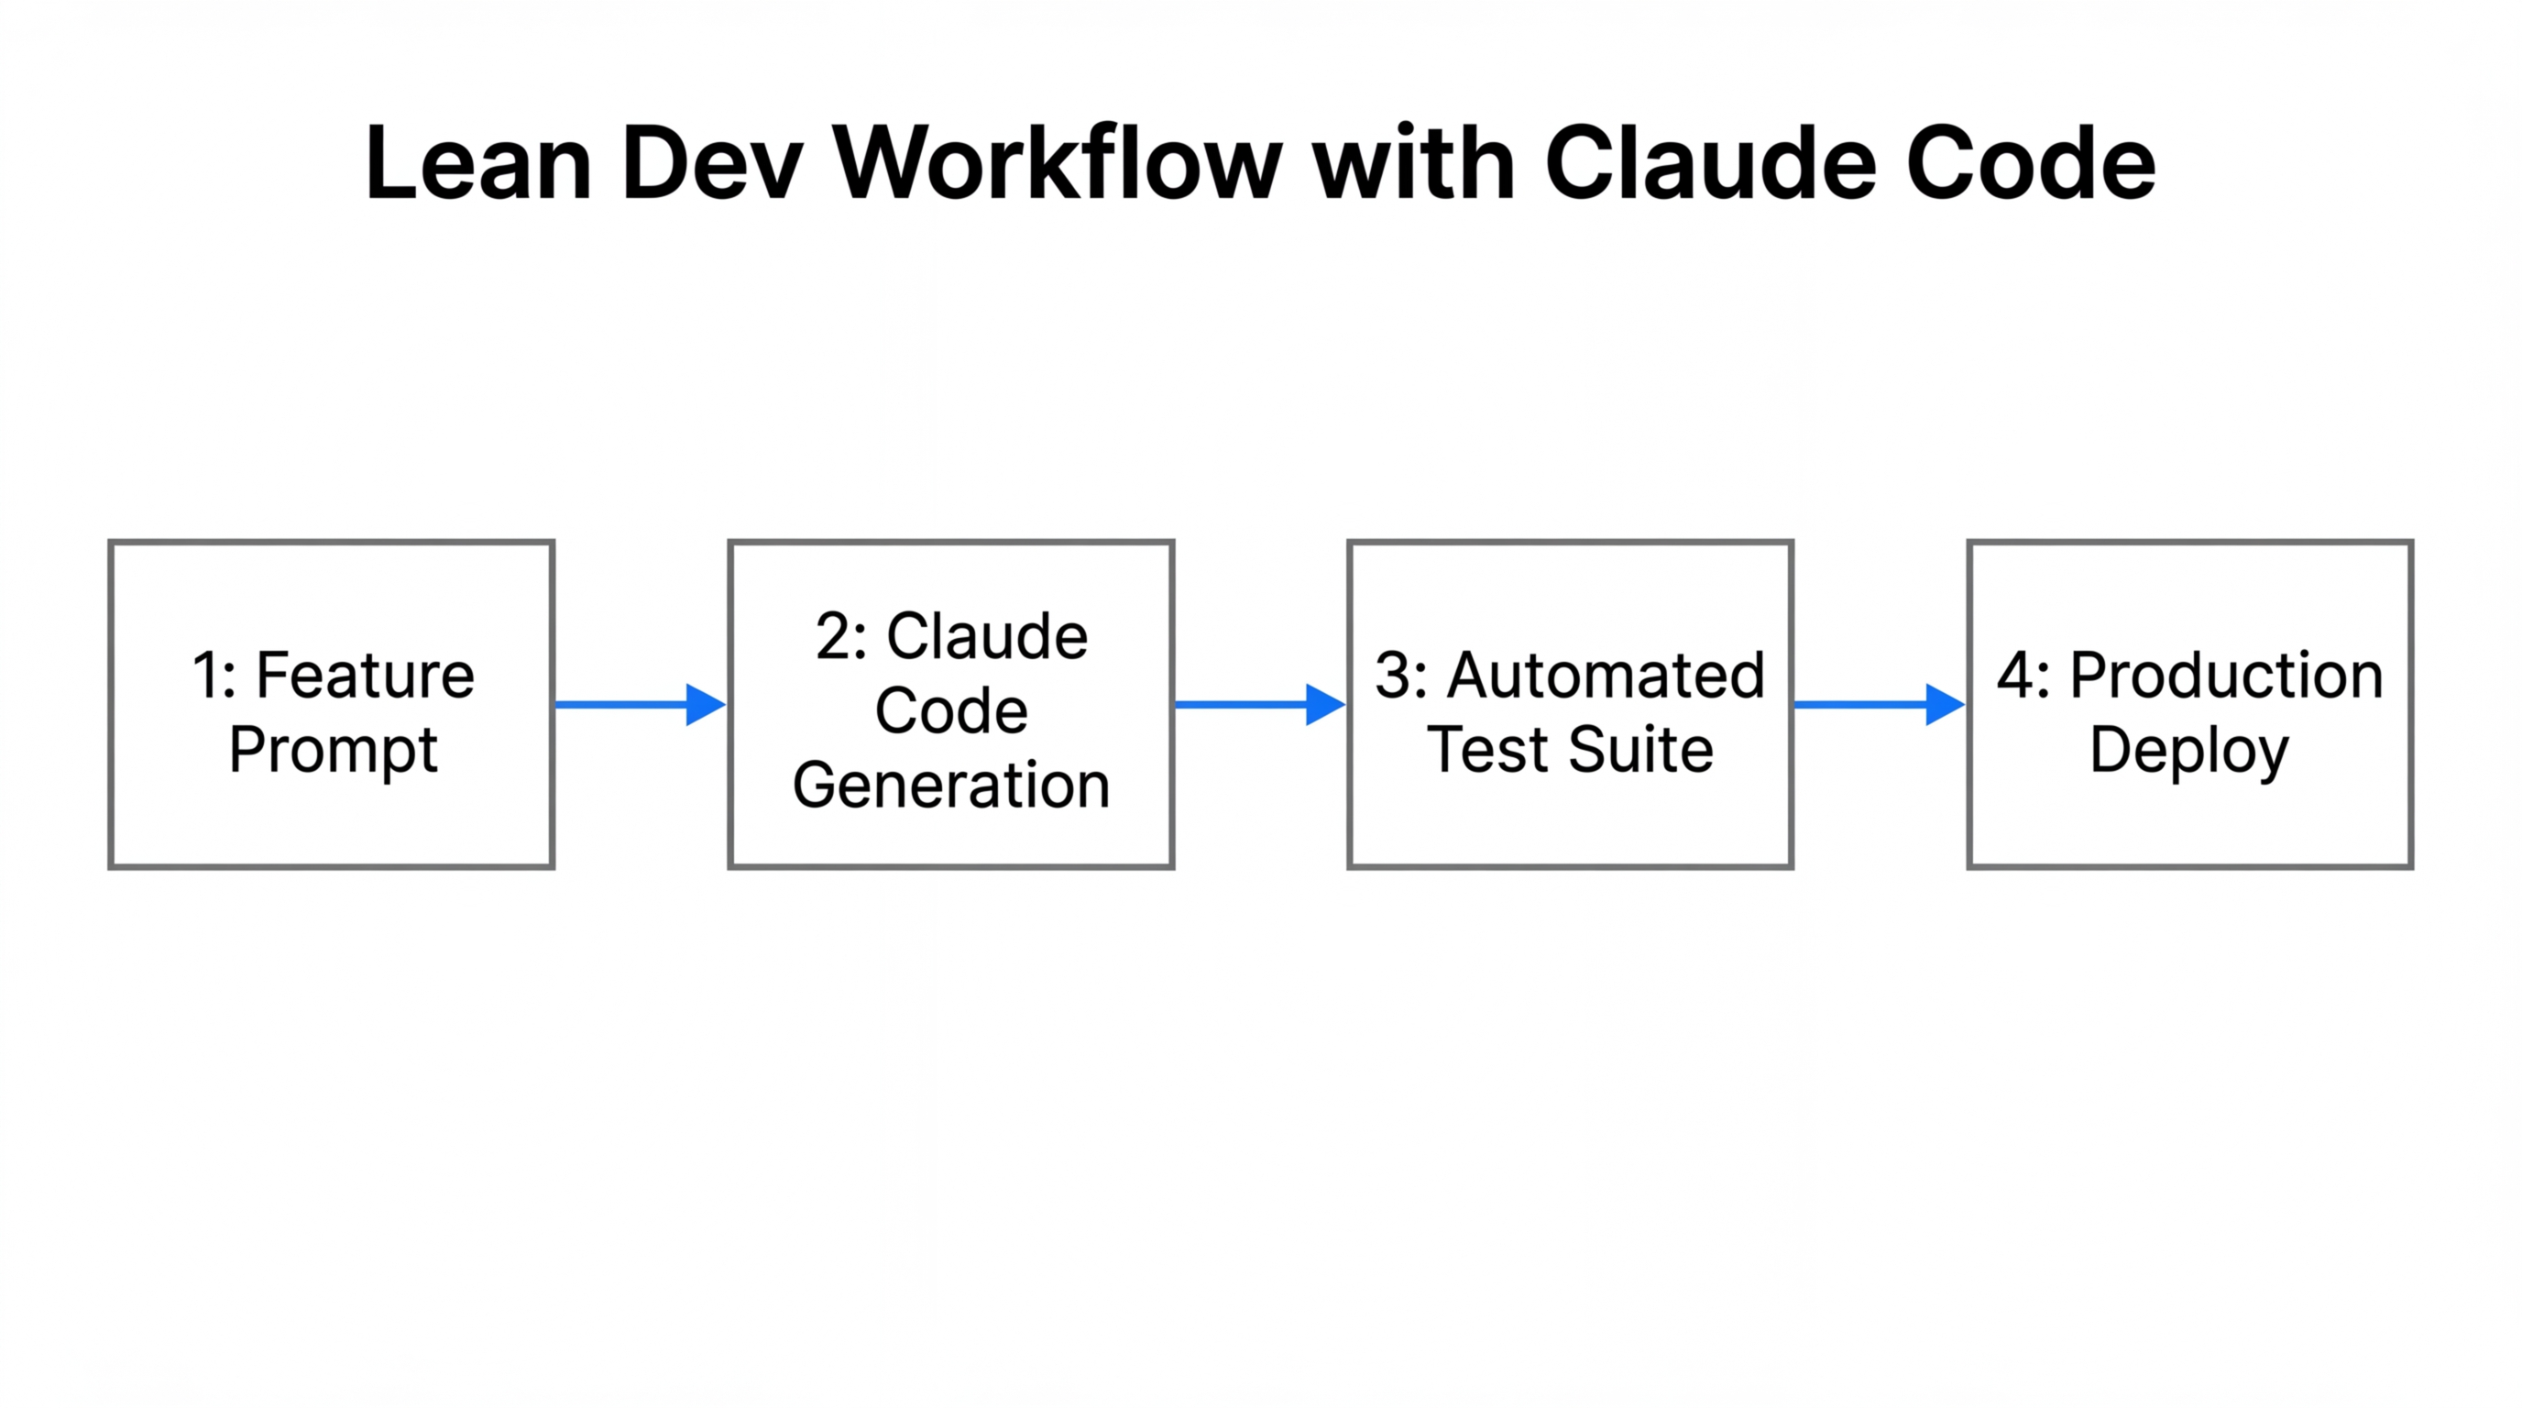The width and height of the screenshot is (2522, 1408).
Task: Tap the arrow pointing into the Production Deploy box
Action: click(x=1879, y=704)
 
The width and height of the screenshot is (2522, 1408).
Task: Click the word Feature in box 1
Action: click(x=365, y=676)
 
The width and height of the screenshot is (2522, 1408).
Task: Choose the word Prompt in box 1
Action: click(x=333, y=750)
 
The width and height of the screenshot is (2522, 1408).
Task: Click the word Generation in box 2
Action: click(x=950, y=786)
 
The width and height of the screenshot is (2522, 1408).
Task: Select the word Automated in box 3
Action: click(x=1606, y=676)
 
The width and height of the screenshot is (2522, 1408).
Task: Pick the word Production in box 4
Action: click(x=2226, y=676)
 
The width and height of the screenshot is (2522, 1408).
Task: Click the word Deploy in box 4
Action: click(x=2189, y=752)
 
